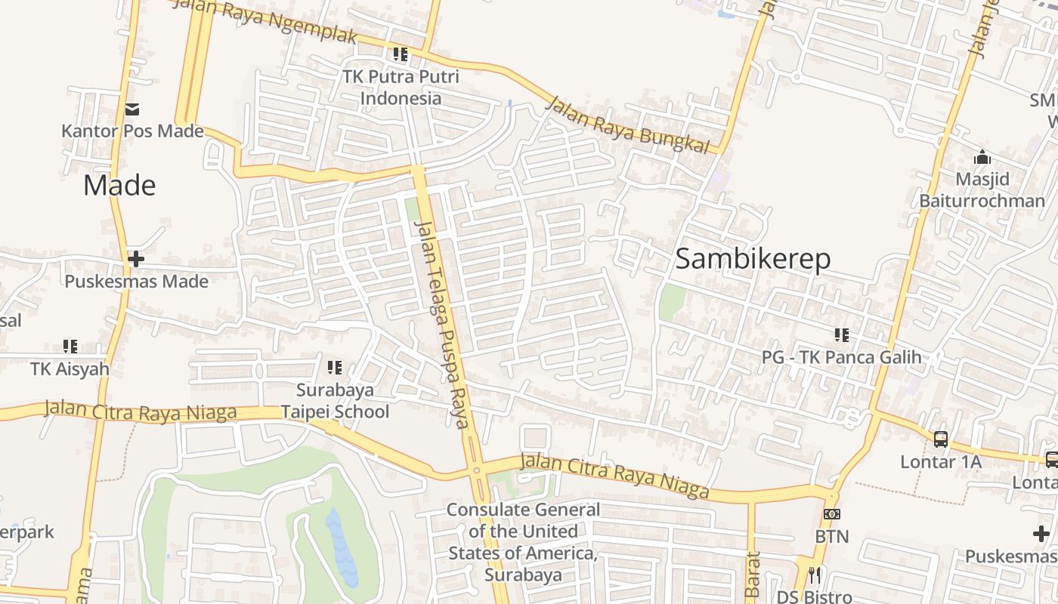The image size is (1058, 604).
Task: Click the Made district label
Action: [x=119, y=186]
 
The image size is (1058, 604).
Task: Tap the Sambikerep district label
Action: [x=753, y=259]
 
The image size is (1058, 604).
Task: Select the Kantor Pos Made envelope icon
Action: [x=132, y=110]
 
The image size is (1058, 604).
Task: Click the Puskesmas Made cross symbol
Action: [x=136, y=260]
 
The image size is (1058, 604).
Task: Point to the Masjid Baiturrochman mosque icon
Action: [x=982, y=158]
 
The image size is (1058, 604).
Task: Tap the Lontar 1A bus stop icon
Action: [x=941, y=439]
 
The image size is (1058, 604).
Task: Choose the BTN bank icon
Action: [x=831, y=514]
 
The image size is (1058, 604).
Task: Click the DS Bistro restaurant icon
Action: [x=814, y=575]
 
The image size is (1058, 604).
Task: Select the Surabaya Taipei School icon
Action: [x=334, y=368]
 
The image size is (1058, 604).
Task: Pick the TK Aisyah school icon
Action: [x=70, y=347]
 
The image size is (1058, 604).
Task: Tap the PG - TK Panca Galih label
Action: [x=841, y=357]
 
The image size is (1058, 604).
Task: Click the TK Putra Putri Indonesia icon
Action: [x=401, y=54]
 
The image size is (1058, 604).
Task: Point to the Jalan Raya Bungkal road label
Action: [x=629, y=125]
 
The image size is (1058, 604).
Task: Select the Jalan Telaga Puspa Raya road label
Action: [x=442, y=325]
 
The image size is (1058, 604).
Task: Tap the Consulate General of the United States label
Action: [x=523, y=542]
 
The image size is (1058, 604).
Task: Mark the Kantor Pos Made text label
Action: [x=132, y=131]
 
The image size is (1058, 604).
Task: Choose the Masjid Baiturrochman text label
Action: [x=982, y=190]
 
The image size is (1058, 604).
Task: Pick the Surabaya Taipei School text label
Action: [x=335, y=401]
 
